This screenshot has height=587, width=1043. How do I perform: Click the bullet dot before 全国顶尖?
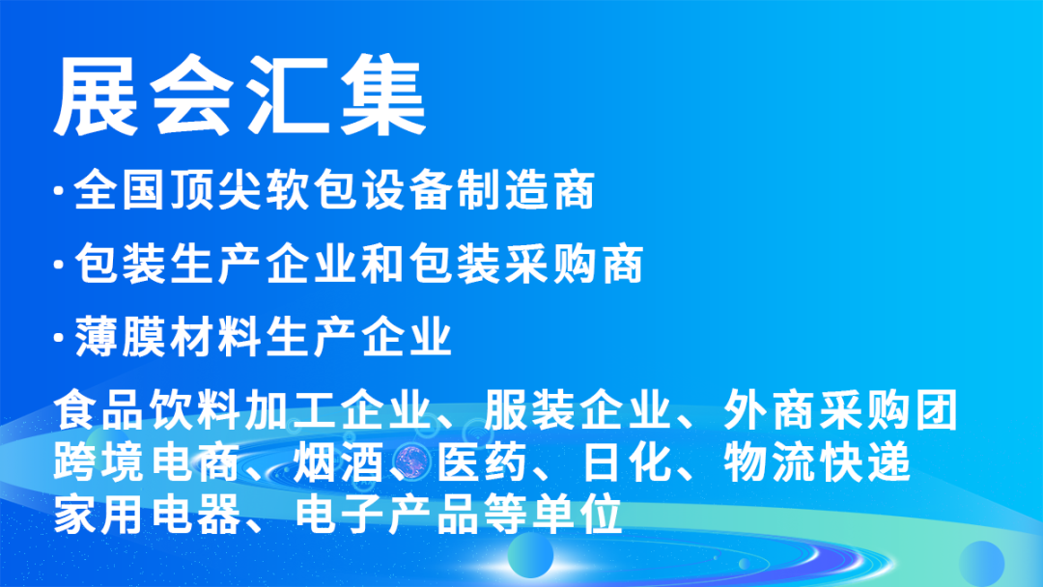pos(61,191)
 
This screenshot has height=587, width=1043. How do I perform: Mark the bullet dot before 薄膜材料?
pos(61,339)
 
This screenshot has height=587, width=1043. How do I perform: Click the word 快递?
pos(864,464)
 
